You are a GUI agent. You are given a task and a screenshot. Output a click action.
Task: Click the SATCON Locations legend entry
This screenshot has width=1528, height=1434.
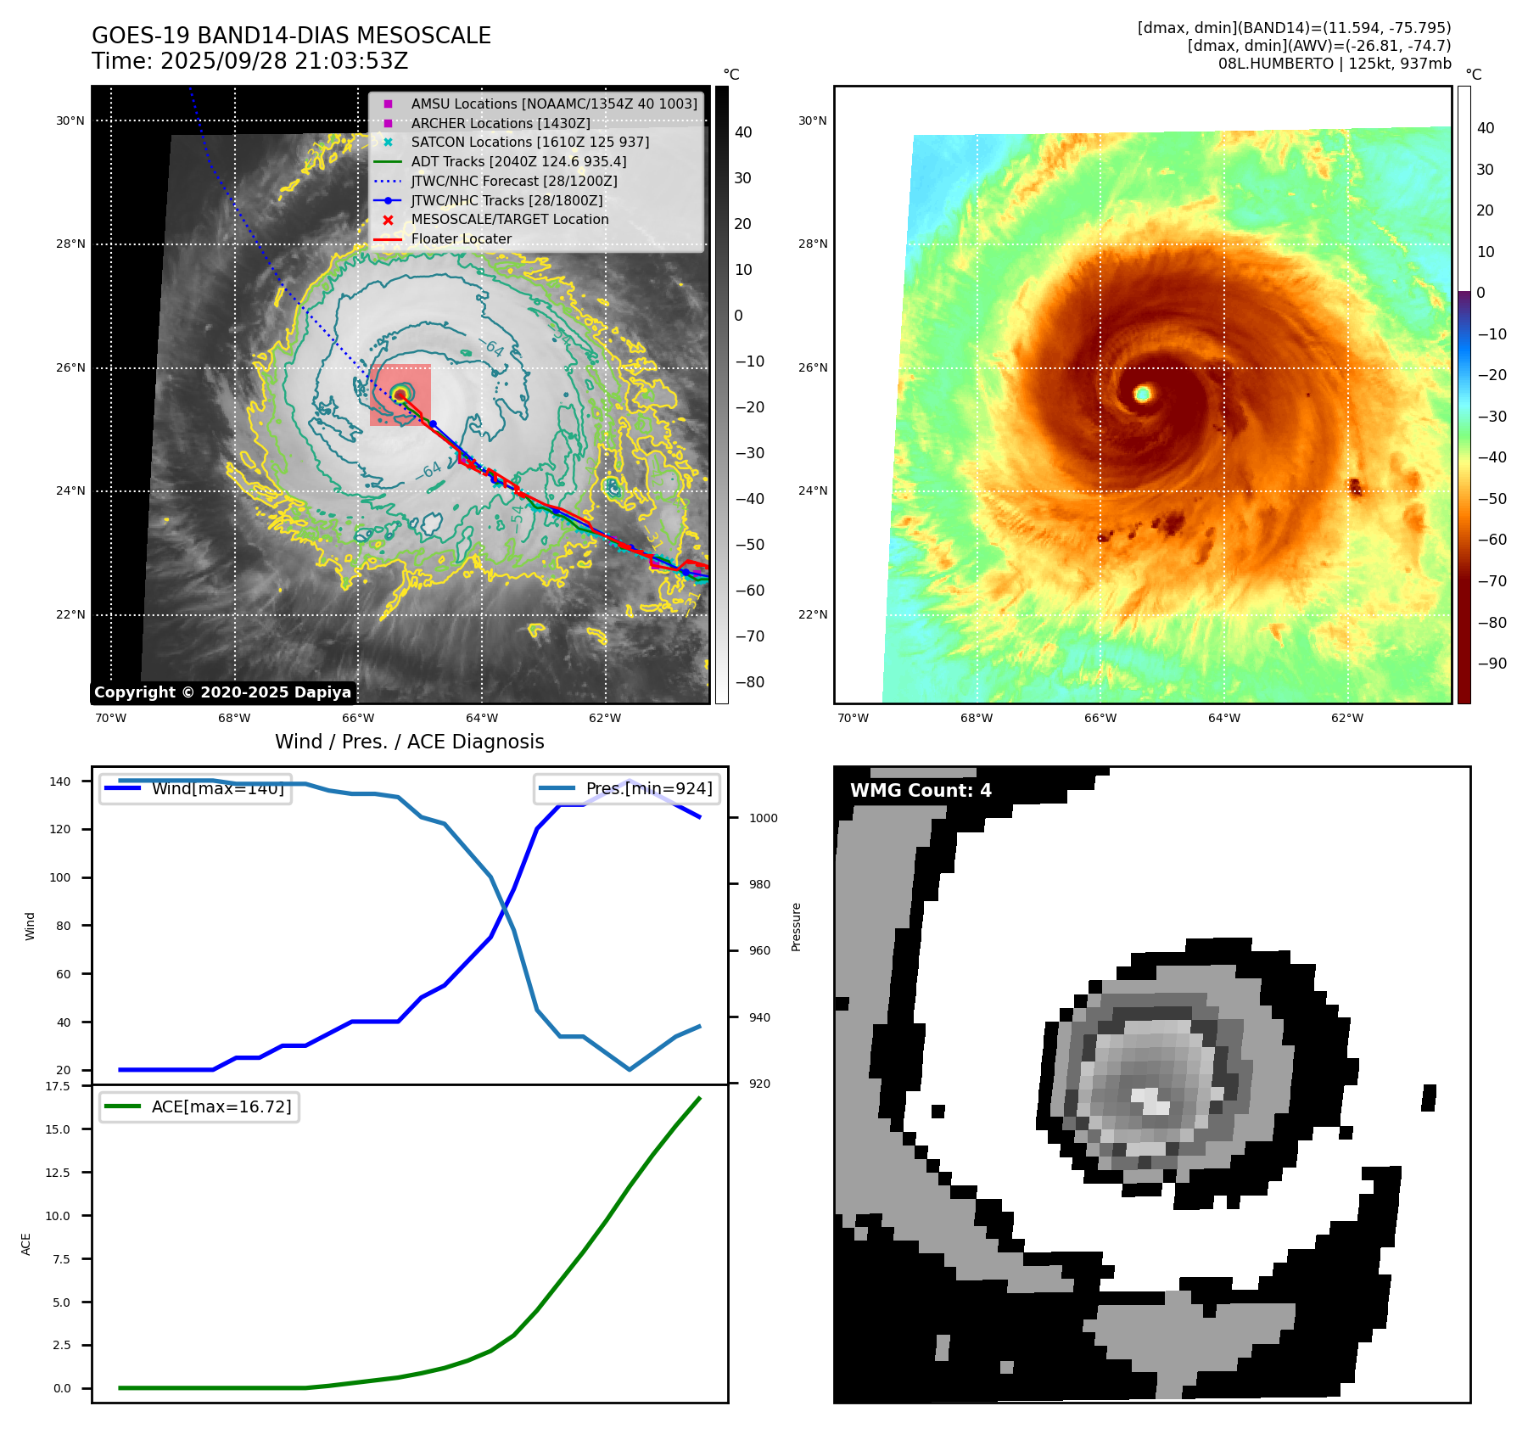[529, 142]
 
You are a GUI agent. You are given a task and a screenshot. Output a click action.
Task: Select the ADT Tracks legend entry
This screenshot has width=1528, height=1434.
[518, 161]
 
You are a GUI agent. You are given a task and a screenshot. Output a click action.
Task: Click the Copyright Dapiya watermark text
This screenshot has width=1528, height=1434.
[222, 692]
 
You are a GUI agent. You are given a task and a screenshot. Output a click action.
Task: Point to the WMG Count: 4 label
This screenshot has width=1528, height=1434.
[921, 791]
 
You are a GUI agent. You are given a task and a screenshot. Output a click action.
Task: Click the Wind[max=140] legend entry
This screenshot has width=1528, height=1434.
[217, 788]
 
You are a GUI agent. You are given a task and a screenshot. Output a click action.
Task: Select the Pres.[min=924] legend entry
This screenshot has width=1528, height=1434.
[649, 788]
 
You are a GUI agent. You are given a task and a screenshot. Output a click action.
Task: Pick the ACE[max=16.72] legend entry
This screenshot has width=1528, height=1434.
[221, 1106]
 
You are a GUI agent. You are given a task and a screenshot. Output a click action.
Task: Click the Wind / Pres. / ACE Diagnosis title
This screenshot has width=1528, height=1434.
[409, 742]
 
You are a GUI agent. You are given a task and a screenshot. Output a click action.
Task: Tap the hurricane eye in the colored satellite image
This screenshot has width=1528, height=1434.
[1143, 393]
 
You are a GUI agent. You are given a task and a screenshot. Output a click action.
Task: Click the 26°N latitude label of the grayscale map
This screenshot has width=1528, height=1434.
[70, 368]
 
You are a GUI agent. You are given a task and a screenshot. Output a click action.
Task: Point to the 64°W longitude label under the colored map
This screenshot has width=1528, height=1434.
[1223, 718]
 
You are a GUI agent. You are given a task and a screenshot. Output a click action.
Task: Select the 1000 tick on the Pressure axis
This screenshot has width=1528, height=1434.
[763, 818]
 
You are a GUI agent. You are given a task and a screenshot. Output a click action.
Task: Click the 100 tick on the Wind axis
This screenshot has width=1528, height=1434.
[60, 877]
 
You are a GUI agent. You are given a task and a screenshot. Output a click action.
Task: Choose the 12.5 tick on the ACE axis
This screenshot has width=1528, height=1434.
[58, 1173]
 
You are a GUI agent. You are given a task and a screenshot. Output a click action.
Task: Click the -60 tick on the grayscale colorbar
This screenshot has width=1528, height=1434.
[749, 591]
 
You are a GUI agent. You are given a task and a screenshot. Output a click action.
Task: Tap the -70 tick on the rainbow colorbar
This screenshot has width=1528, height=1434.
[1492, 581]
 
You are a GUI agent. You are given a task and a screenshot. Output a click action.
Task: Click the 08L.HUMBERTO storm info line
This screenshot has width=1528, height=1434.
[1335, 64]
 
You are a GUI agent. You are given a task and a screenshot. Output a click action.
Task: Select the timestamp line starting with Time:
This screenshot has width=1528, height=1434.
[250, 61]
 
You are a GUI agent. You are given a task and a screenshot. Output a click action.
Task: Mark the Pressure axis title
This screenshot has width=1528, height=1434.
[796, 927]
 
